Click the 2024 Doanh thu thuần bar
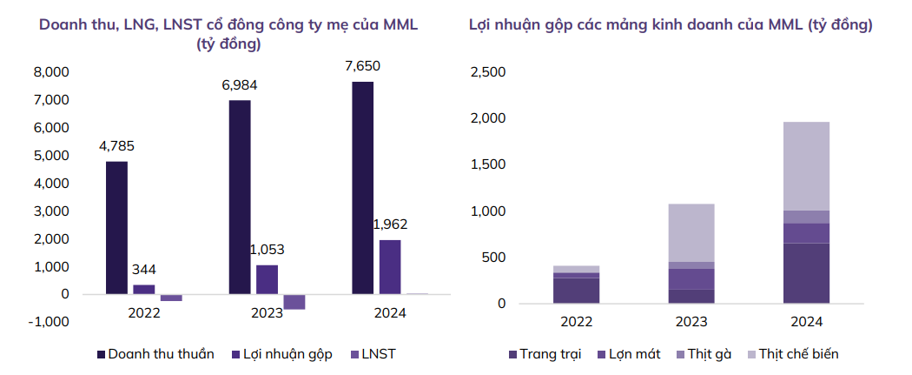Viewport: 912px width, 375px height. click(x=363, y=187)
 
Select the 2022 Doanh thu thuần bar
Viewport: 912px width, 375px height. click(x=117, y=227)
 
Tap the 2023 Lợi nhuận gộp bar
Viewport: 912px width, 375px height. click(x=267, y=279)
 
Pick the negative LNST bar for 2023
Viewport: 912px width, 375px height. click(x=294, y=302)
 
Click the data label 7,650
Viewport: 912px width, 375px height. click(x=362, y=66)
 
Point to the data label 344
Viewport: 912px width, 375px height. click(x=144, y=270)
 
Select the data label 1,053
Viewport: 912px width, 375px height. click(x=266, y=250)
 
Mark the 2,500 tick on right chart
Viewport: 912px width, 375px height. click(x=486, y=71)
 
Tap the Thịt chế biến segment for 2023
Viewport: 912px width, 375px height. click(x=691, y=232)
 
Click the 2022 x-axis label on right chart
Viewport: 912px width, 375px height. click(x=577, y=322)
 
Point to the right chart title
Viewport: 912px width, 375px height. click(x=671, y=25)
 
